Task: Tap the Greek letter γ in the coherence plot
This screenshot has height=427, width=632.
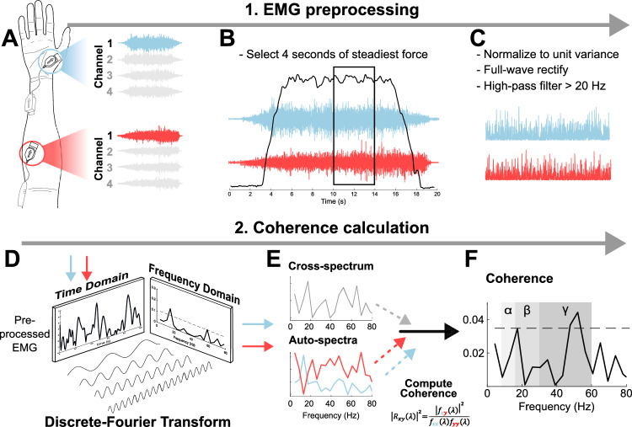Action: pos(565,310)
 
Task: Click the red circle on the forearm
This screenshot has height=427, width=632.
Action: pos(29,152)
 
